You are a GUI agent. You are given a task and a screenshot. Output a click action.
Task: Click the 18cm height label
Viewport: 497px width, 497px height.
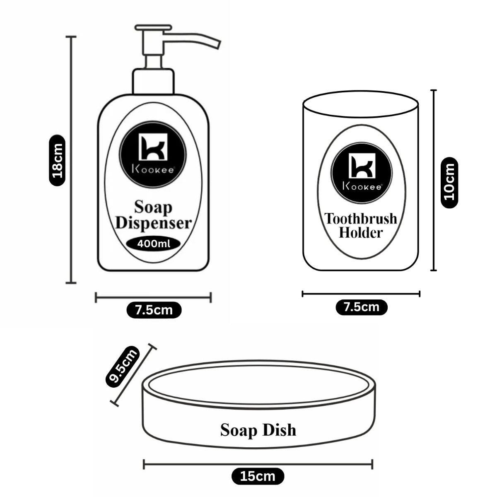[x=56, y=160]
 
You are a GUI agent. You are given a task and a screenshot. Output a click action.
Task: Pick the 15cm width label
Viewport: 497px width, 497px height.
[x=258, y=476]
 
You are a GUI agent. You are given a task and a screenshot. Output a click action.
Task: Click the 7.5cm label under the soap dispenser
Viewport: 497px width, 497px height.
[x=154, y=309]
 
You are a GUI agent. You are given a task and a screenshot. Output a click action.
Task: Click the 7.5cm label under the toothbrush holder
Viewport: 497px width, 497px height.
[x=361, y=307]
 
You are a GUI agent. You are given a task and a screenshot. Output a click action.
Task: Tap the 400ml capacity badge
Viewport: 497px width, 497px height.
[x=154, y=244]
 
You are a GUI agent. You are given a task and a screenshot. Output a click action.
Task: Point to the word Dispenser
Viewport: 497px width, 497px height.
[x=154, y=223]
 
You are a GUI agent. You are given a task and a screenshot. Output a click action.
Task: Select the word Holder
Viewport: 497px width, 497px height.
[x=360, y=233]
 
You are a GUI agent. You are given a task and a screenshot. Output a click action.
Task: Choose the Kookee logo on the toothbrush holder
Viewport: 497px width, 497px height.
[x=361, y=168]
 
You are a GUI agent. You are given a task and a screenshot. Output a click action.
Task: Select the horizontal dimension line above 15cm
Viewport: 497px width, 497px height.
[x=258, y=464]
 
